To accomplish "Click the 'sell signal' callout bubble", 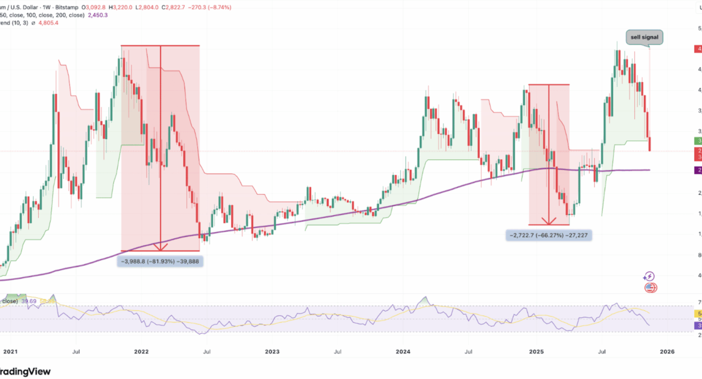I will coord(645,37).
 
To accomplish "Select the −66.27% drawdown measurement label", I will coord(548,235).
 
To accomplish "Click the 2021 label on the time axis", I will coord(10,351).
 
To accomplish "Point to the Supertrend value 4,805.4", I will coord(48,23).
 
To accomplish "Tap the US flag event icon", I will coord(651,287).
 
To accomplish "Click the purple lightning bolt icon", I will coord(649,277).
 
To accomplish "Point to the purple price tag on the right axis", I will coord(698,171).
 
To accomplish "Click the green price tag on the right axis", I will coord(698,141).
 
